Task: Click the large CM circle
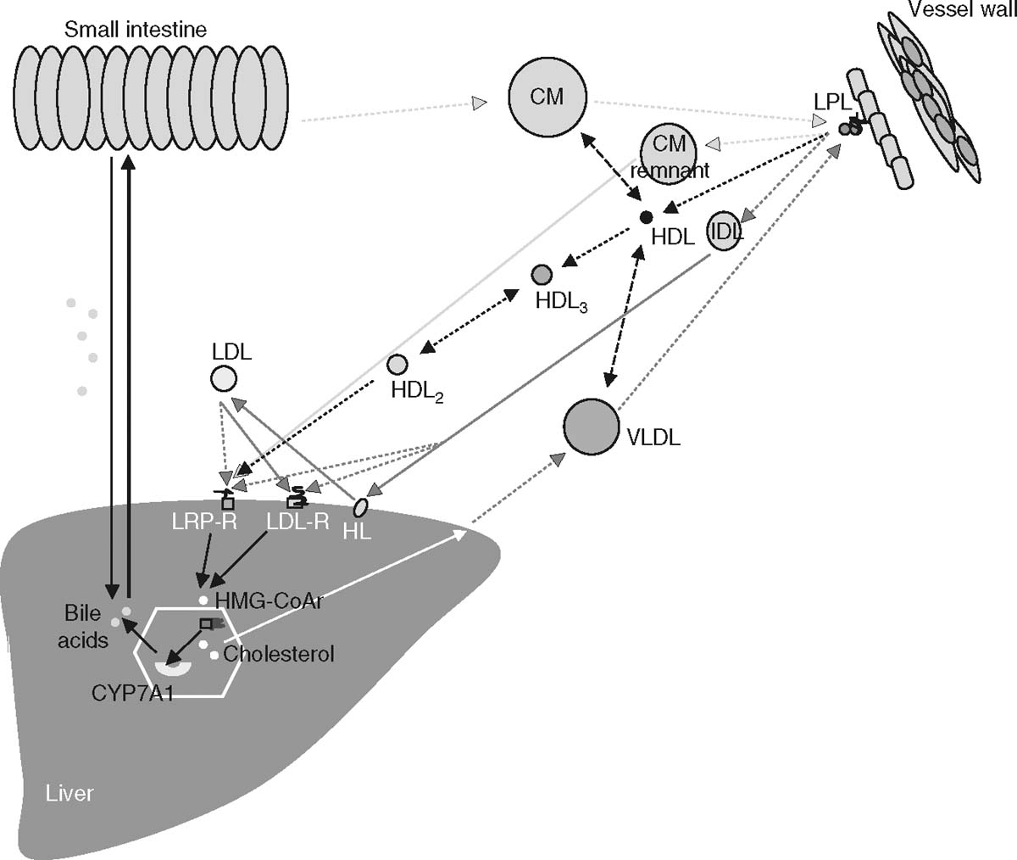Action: coord(547,96)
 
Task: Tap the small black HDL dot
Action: coord(647,217)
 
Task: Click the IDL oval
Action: coord(724,231)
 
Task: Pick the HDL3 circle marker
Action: coord(542,275)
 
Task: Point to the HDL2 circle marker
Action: coord(397,365)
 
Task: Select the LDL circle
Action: coord(224,378)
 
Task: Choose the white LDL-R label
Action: coord(297,522)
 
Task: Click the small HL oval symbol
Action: coord(360,507)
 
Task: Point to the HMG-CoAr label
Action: coord(270,600)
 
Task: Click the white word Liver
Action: coord(69,794)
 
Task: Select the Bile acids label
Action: coord(82,627)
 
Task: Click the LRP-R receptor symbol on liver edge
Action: coord(225,500)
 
